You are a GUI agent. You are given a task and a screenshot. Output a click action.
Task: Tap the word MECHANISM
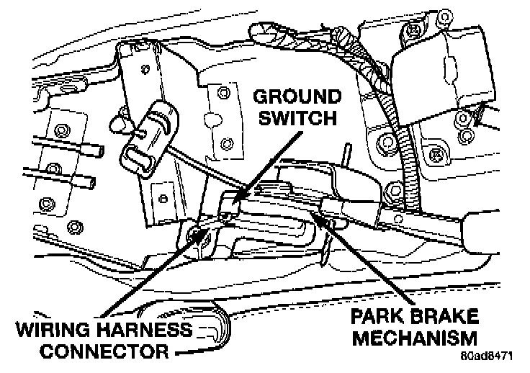[410, 338]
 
